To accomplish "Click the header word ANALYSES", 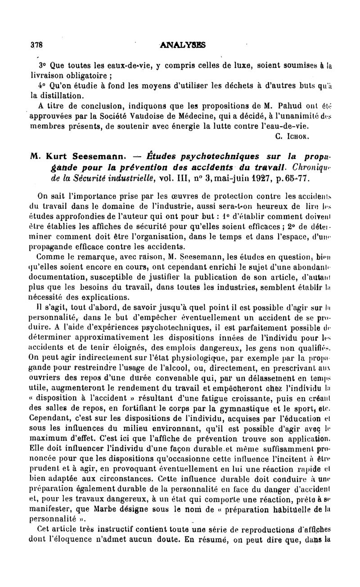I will coord(183,45).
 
